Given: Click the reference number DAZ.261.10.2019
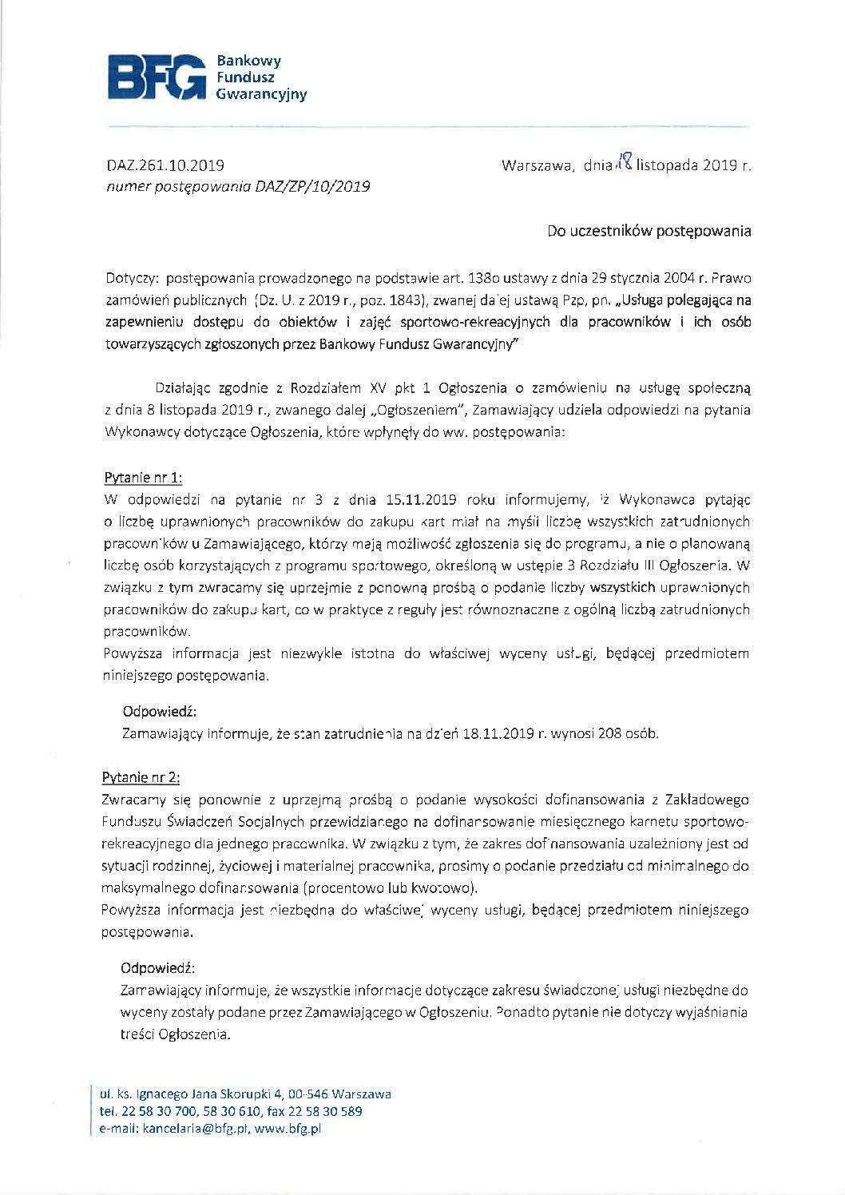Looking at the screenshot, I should (165, 166).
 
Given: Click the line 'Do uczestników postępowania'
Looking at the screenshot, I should (649, 232).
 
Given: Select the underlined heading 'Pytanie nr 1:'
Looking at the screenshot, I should (143, 478).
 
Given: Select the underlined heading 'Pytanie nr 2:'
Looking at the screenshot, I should (141, 777).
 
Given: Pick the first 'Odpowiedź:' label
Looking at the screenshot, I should (160, 711).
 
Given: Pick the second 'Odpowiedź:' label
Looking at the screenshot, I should (158, 968).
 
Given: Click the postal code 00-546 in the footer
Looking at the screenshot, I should (308, 1094).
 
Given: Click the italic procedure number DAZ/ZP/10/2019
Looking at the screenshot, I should (312, 187).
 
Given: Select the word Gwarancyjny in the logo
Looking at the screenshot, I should (261, 95).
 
